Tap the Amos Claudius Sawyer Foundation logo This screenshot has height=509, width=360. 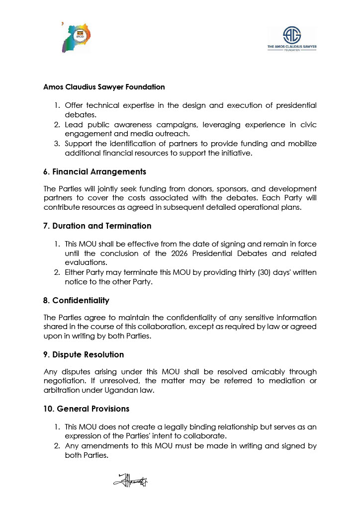coord(292,39)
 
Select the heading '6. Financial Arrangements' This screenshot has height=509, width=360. coord(94,172)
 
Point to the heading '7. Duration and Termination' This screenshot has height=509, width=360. coord(97,226)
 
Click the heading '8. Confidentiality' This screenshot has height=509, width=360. coord(76,301)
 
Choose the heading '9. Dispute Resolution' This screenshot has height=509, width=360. coord(84,354)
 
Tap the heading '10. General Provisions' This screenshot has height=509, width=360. coord(86,409)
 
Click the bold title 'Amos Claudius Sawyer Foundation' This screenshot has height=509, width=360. coord(104,87)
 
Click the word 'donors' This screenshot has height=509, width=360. coord(190,189)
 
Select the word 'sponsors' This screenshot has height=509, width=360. coord(226,189)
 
